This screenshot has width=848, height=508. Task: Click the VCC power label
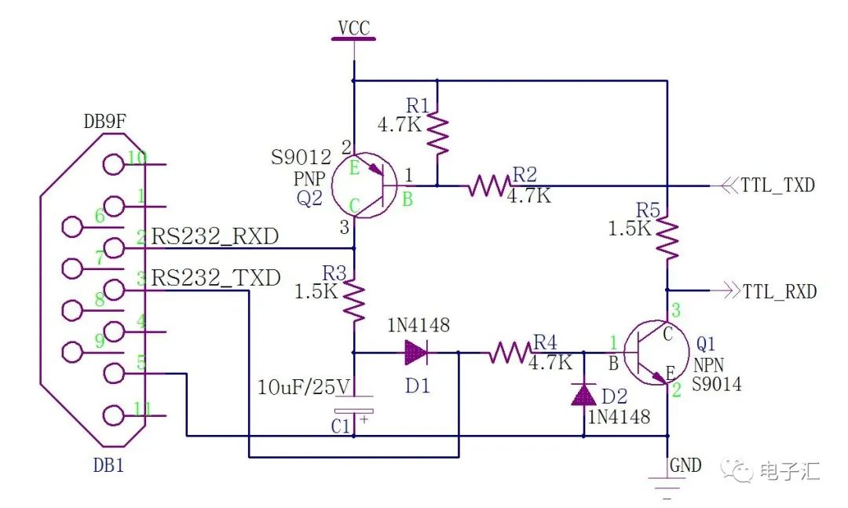pos(354,28)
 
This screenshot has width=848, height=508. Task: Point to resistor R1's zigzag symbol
pos(437,133)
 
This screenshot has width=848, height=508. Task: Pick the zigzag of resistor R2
pos(488,187)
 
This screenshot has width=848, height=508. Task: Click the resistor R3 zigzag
pos(355,300)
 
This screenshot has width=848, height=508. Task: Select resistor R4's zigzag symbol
pos(509,353)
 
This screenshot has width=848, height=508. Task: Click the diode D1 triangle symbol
pos(416,353)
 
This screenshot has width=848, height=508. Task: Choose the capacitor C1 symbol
pos(354,411)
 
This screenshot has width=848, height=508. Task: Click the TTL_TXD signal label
pos(777,186)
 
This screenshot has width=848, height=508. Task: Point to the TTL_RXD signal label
pos(779,291)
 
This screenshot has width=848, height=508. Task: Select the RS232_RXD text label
pos(215,236)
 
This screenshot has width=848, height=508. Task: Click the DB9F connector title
pos(106,122)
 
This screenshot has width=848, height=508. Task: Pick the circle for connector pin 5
pos(115,373)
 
